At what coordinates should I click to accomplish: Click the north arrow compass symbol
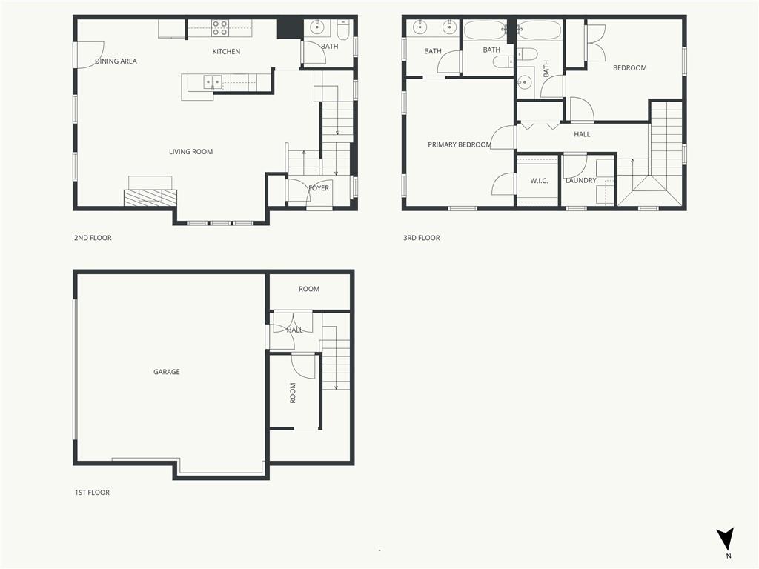tap(726, 539)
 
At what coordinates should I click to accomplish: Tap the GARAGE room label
tap(166, 372)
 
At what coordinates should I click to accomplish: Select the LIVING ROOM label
tap(190, 152)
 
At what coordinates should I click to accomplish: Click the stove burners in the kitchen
tap(220, 28)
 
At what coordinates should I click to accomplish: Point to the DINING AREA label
tap(116, 61)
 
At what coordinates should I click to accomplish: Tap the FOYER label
tap(319, 188)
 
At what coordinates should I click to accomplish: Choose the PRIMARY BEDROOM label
tap(460, 145)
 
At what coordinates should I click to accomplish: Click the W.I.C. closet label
tap(539, 181)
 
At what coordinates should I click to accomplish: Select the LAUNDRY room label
tap(580, 181)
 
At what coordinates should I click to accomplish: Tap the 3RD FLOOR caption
tap(421, 238)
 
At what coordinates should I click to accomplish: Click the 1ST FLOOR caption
tap(92, 493)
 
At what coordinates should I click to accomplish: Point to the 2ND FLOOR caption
tap(93, 238)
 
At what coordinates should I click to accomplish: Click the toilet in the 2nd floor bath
tap(344, 30)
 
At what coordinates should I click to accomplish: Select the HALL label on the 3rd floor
tap(582, 134)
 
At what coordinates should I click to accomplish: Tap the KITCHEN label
tap(226, 52)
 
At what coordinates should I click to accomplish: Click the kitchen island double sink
tap(213, 81)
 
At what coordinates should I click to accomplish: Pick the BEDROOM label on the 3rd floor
tap(629, 68)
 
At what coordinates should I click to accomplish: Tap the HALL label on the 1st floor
tap(294, 330)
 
